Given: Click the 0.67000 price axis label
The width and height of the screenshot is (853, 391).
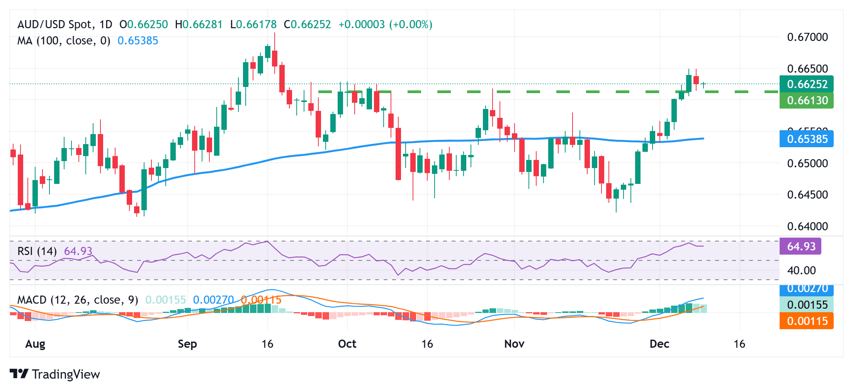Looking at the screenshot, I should (807, 37).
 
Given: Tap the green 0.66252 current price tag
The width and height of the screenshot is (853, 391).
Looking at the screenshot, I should (807, 84).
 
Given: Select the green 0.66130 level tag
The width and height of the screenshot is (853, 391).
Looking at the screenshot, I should (807, 100).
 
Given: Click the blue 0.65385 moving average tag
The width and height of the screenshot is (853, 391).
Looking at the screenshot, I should (807, 139).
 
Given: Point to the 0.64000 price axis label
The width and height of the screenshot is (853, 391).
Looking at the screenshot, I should (807, 226).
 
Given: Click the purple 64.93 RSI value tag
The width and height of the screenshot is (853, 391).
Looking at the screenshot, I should (800, 246).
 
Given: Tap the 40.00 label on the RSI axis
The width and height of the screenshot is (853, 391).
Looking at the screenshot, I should (801, 270).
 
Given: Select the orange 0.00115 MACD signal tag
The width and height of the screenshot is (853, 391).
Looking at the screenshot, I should (807, 321).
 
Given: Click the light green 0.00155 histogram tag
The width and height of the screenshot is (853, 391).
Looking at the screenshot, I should (807, 305).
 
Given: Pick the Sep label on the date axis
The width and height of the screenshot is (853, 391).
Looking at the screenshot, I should (187, 344).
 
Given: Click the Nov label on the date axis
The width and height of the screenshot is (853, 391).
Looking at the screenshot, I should (514, 344).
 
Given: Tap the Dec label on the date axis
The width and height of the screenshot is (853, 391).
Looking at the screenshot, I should (659, 344).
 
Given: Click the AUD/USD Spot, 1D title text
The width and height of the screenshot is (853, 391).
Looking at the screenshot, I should (65, 24).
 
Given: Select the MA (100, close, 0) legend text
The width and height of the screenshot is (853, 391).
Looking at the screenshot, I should (64, 41).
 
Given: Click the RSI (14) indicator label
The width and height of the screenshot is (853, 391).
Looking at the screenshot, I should (37, 251).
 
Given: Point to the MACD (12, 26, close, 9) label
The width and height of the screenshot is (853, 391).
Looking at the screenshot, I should (78, 300).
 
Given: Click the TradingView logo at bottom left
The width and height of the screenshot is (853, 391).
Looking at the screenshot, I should (54, 374).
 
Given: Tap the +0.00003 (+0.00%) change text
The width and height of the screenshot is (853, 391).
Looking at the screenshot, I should (385, 24).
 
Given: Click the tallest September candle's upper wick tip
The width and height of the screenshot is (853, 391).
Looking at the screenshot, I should (275, 33).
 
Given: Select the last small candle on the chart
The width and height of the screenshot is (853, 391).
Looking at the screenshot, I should (703, 85).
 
